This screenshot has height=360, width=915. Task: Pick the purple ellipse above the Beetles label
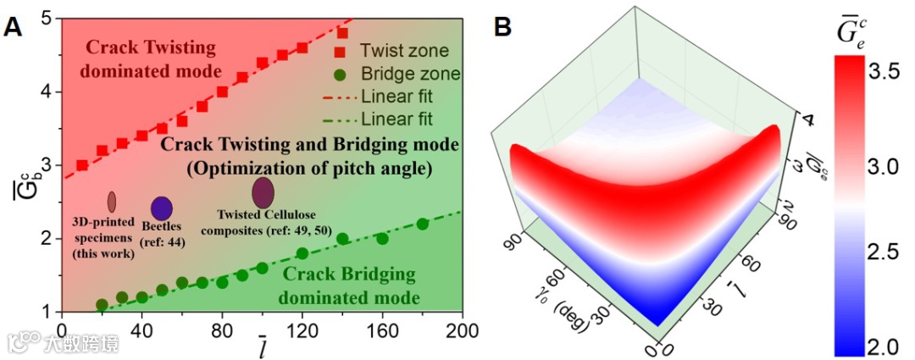tap(161, 208)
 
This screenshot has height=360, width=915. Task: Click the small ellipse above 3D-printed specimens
tap(111, 202)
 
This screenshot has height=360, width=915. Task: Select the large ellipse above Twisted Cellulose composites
tap(263, 193)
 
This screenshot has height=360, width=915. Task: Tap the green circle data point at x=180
tap(423, 224)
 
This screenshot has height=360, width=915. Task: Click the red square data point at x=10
tap(82, 165)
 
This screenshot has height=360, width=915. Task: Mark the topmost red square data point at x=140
tap(342, 33)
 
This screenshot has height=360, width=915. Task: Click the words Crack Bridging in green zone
tap(348, 274)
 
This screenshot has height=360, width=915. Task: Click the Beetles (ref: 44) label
tap(162, 235)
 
